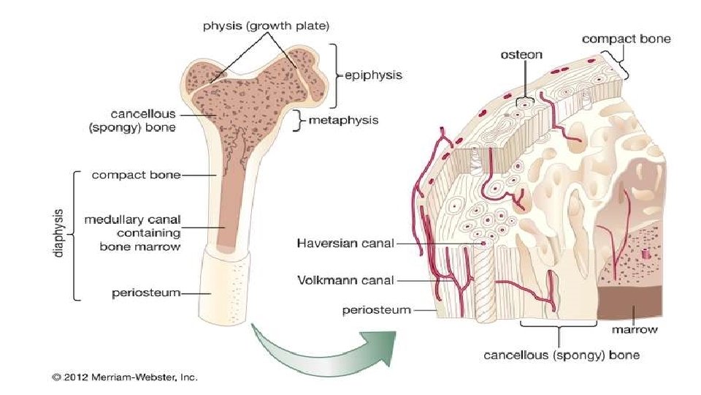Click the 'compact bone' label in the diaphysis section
pyautogui.click(x=136, y=175)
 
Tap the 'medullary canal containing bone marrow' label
pyautogui.click(x=132, y=233)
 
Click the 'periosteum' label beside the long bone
pyautogui.click(x=146, y=293)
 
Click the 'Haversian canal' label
pyautogui.click(x=345, y=244)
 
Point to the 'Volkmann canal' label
pyautogui.click(x=345, y=279)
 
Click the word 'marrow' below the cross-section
pyautogui.click(x=634, y=330)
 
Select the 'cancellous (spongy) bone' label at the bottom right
pyautogui.click(x=562, y=355)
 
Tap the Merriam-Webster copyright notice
pyautogui.click(x=124, y=377)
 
